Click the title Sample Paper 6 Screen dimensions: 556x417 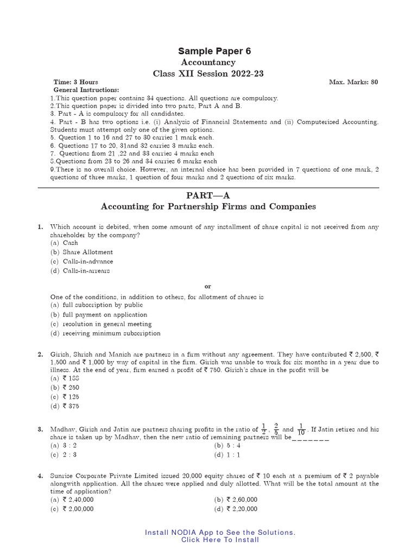[214, 51]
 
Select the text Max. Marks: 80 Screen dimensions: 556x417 [353, 82]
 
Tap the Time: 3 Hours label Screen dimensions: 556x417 [75, 82]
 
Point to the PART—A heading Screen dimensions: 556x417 [208, 195]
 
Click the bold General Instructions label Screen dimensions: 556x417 [86, 90]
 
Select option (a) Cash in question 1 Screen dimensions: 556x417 [68, 243]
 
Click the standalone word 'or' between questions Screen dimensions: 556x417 [208, 286]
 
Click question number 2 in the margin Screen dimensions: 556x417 [40, 355]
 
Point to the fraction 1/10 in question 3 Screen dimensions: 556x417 [301, 429]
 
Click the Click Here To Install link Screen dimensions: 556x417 [220, 540]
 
